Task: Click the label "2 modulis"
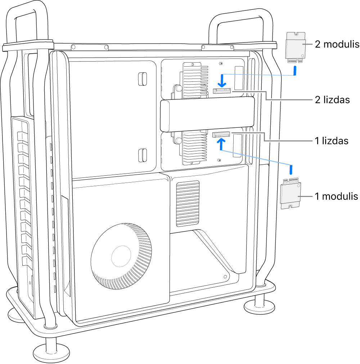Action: pyautogui.click(x=337, y=44)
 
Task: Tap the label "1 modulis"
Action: pyautogui.click(x=336, y=196)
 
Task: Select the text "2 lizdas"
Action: pyautogui.click(x=332, y=100)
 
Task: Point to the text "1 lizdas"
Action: pyautogui.click(x=332, y=141)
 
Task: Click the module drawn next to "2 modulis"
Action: pyautogui.click(x=295, y=47)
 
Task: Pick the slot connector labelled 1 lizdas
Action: pyautogui.click(x=220, y=135)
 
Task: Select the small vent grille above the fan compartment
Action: pyautogui.click(x=187, y=203)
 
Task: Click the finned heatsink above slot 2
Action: pyautogui.click(x=195, y=80)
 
